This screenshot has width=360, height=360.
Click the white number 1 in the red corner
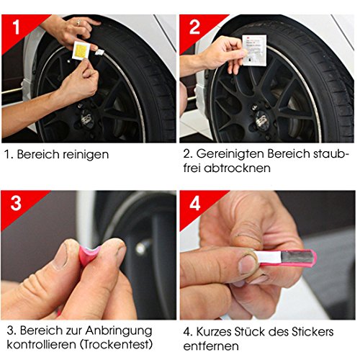point(16,27)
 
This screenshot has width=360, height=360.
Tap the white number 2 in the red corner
point(194,27)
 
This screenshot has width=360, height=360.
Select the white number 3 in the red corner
point(16,203)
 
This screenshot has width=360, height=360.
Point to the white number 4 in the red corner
point(194,204)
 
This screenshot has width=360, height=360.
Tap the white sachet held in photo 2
point(254,50)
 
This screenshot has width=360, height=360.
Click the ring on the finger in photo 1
point(78,23)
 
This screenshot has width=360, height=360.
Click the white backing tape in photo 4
point(268,257)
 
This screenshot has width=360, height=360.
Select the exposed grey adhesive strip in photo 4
point(297,256)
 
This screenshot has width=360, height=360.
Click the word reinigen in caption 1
point(86,155)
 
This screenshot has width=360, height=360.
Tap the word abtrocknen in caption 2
point(237,168)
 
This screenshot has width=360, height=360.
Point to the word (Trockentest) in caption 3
point(117,345)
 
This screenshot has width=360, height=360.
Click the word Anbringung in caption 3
point(119,331)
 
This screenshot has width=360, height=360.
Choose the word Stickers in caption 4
point(312,332)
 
